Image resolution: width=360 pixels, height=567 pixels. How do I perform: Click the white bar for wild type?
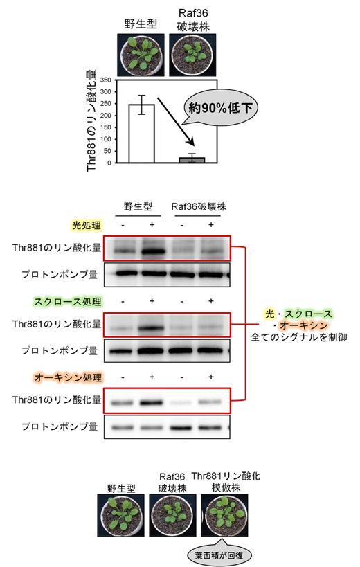[142, 134]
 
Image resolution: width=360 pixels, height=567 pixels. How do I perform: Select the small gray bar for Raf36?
[192, 160]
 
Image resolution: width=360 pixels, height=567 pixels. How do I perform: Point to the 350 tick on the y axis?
[115, 80]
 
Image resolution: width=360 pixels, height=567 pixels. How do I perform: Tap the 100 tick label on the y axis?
[105, 139]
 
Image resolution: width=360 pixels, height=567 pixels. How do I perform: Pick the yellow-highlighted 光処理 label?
[86, 225]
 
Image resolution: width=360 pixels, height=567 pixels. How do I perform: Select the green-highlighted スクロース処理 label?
[68, 302]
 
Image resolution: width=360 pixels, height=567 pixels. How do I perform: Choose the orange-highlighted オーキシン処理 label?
[68, 377]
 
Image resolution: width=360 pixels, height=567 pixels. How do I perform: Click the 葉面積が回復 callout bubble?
[219, 555]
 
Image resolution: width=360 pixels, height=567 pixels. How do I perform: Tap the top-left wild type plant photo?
[141, 55]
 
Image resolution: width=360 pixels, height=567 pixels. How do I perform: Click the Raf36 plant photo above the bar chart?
[192, 55]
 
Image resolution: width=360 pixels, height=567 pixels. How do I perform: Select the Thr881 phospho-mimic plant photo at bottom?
[224, 515]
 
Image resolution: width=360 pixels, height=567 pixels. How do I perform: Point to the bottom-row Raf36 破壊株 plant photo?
[173, 515]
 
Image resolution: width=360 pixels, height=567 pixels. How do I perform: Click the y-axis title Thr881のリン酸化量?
[92, 120]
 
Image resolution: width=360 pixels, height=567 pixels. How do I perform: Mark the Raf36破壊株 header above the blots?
[199, 206]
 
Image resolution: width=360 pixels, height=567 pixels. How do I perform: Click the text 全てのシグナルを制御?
[299, 337]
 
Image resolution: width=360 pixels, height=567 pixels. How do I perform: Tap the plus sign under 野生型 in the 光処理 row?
[152, 225]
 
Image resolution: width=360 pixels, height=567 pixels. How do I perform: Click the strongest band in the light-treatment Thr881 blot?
[152, 251]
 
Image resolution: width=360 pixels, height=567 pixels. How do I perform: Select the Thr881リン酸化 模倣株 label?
[226, 482]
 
